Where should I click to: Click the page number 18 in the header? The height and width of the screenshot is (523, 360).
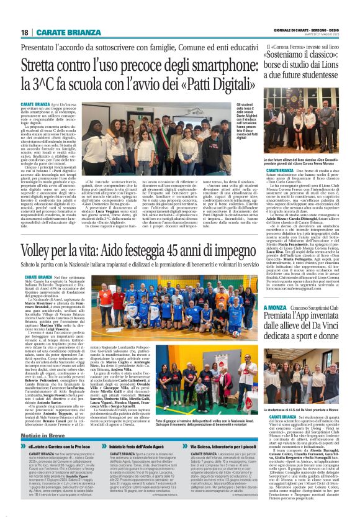click(24, 32)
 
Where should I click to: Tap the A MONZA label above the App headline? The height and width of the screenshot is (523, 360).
click(274, 324)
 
